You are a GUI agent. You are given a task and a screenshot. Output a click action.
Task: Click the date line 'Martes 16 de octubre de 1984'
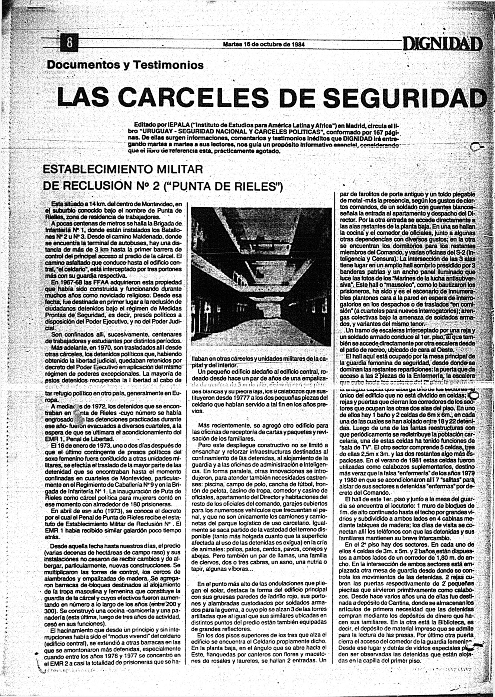[264, 44]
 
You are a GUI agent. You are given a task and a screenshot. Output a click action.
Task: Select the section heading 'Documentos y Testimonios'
[125, 65]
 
